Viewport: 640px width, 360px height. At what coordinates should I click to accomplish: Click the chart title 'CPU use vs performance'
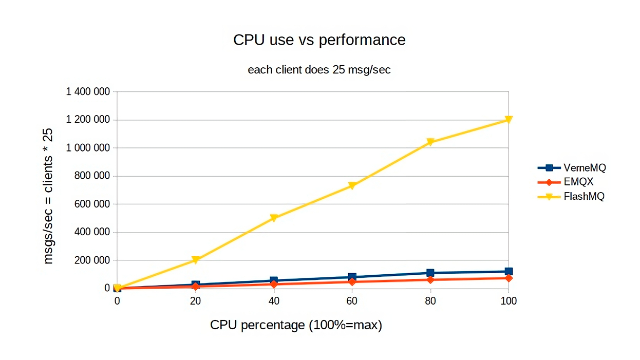click(x=319, y=40)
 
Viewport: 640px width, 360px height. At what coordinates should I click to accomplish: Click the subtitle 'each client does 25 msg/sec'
click(x=319, y=70)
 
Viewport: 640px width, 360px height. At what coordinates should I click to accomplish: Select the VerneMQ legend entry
click(x=571, y=168)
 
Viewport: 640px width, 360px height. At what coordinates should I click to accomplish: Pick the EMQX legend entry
click(x=566, y=182)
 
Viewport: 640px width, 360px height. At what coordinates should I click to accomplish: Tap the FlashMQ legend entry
click(x=571, y=196)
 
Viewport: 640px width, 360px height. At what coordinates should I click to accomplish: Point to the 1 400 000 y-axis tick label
click(x=88, y=92)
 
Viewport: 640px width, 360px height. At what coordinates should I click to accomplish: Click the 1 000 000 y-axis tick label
click(x=88, y=148)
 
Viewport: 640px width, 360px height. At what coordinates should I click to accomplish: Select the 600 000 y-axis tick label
click(x=92, y=204)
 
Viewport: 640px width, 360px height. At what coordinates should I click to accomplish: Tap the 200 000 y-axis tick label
click(x=92, y=260)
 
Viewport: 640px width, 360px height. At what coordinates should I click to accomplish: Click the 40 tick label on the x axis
click(x=274, y=301)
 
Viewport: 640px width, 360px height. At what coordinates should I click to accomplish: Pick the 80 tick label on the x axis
click(x=430, y=301)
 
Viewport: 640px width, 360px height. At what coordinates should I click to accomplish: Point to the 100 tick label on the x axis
click(x=509, y=301)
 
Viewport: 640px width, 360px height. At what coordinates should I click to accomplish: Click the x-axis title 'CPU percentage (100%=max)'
click(x=296, y=325)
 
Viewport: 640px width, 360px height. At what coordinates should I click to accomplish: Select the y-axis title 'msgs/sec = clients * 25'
click(x=48, y=196)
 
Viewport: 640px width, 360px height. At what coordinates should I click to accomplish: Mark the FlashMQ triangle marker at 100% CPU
click(x=509, y=120)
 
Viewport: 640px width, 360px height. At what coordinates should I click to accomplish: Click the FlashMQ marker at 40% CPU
click(x=274, y=218)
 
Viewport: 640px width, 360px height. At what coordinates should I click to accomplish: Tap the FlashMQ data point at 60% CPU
click(x=352, y=186)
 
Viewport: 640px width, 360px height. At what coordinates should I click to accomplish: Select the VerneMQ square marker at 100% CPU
click(x=509, y=272)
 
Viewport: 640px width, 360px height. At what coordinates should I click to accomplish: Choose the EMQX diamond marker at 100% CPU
click(x=509, y=278)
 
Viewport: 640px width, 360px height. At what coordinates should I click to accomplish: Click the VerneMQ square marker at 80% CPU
click(x=430, y=273)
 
